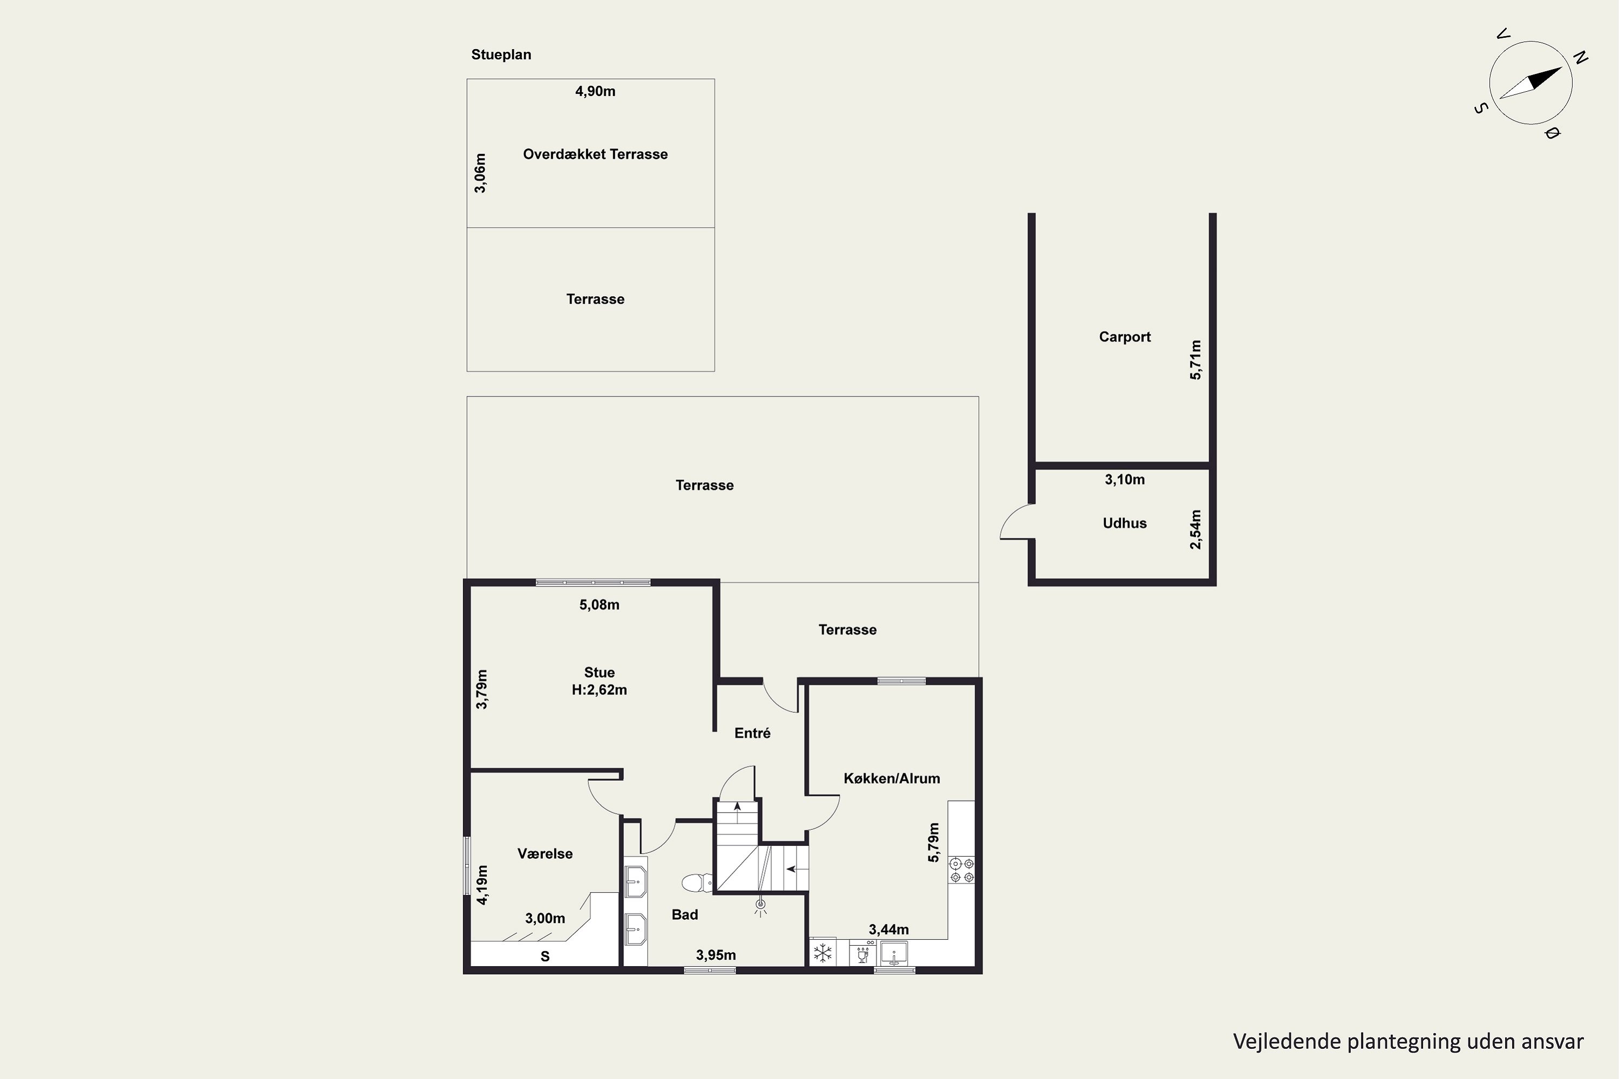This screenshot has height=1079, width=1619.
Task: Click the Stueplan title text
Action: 501,55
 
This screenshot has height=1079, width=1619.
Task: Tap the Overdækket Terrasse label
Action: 595,154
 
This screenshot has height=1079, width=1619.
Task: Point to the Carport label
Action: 1125,337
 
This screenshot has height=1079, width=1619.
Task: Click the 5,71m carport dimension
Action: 1196,360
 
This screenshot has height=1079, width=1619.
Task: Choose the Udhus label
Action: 1125,523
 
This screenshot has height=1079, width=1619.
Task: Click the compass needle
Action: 1531,83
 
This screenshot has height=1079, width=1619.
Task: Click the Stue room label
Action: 600,672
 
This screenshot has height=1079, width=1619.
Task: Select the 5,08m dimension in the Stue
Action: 600,605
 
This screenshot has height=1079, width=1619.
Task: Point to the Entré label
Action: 752,733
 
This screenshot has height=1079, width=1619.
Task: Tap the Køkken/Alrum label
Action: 892,778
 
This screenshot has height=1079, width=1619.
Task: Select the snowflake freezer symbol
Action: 822,953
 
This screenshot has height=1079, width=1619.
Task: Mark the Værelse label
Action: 545,853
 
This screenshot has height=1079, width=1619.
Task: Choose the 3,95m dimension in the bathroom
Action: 716,955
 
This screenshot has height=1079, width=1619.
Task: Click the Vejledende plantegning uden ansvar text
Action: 1409,1042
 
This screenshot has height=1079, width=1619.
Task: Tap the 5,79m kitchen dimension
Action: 934,842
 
